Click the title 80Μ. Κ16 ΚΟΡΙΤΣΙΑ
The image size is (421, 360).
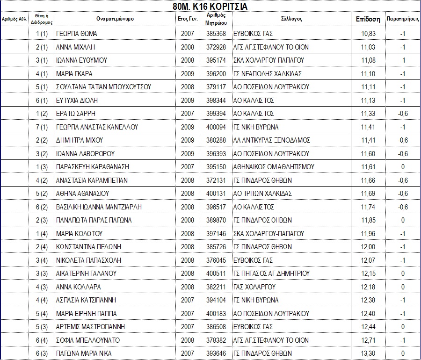pos(210,7)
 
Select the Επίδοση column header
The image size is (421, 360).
pos(368,19)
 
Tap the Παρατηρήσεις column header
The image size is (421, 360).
pos(402,19)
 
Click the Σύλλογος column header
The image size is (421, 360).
pos(291,19)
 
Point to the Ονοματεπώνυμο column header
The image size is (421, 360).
pos(116,19)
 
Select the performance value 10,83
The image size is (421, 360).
pos(368,34)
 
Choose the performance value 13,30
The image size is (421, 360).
pos(368,353)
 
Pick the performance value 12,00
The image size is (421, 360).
pos(368,247)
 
